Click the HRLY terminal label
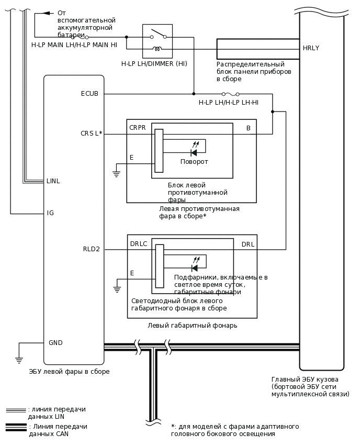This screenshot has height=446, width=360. (311, 48)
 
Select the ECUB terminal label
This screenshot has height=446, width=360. (89, 94)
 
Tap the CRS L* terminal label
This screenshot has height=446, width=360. (91, 134)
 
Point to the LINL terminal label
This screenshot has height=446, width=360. (53, 181)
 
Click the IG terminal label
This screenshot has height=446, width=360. (50, 213)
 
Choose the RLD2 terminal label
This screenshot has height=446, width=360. (91, 249)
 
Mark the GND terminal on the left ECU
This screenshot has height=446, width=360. (55, 343)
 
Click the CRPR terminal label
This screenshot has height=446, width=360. (137, 127)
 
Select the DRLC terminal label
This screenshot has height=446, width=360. (138, 244)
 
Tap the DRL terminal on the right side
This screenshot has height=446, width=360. (248, 244)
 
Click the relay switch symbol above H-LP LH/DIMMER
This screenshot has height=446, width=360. (157, 35)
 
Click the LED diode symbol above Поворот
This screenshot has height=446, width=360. (194, 152)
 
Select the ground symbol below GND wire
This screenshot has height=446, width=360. (19, 360)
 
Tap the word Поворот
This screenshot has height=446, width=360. (194, 162)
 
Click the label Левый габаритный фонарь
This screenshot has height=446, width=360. (192, 326)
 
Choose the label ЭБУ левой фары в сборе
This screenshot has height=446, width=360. (69, 372)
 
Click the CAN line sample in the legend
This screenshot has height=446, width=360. (16, 427)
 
